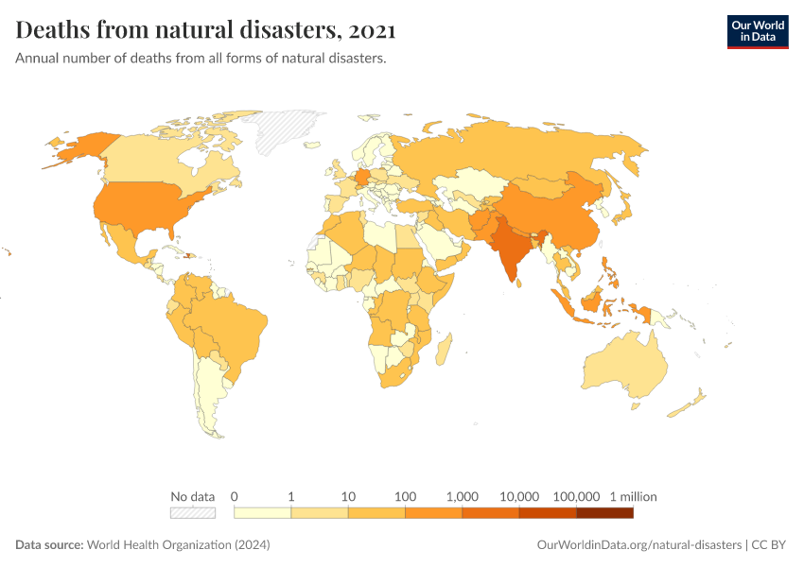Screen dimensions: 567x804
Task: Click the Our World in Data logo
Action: [x=757, y=31]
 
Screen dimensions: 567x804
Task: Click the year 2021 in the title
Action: [x=372, y=31]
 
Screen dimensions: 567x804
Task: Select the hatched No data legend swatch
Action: [x=193, y=512]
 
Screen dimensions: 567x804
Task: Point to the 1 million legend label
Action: [x=633, y=496]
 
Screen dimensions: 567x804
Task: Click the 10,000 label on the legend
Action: [x=519, y=496]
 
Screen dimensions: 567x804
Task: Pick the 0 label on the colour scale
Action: [x=234, y=496]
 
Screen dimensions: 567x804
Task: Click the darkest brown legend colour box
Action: [x=604, y=512]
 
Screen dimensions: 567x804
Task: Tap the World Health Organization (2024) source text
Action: [x=179, y=545]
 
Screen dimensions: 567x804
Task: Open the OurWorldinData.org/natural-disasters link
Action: [x=638, y=545]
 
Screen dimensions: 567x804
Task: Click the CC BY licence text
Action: [x=770, y=545]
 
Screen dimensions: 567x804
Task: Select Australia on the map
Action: [x=625, y=369]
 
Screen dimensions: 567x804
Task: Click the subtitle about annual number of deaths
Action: [x=201, y=59]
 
